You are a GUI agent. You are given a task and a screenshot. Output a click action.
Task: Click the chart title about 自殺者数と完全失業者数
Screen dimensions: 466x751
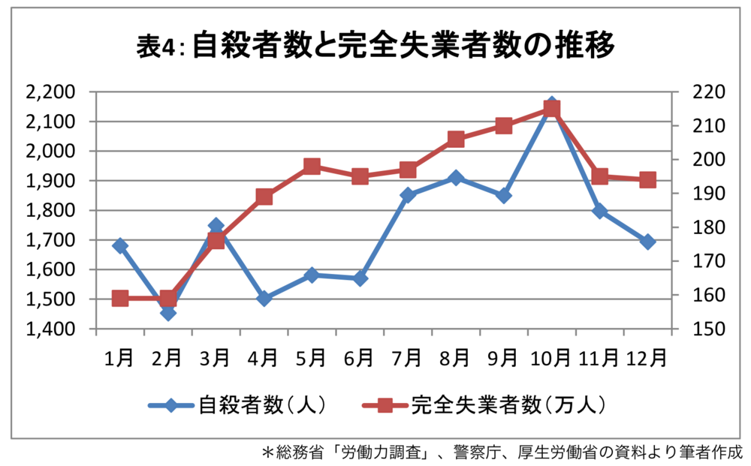point(375,47)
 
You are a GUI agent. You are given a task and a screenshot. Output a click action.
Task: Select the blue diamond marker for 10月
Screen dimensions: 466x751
point(551,104)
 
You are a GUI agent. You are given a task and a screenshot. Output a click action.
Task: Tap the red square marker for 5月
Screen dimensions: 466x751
point(312,167)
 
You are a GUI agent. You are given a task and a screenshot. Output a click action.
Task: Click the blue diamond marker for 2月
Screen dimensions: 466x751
point(168,312)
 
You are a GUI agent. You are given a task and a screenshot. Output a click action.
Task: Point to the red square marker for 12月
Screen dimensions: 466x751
point(647,180)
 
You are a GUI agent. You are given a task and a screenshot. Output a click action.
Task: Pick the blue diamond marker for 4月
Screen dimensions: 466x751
point(264,298)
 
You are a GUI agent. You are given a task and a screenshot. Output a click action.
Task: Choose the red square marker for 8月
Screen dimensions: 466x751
point(456,139)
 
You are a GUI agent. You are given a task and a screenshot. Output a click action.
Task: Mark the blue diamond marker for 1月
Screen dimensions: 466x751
point(120,245)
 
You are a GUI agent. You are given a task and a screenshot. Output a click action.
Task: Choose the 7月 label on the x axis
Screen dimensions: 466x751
point(408,358)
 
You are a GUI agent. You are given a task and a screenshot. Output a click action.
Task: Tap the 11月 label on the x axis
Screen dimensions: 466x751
point(599,358)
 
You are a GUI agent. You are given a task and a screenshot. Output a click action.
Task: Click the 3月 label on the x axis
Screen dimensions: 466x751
point(216,358)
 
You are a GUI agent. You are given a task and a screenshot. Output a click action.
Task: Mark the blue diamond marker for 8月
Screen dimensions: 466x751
point(456,178)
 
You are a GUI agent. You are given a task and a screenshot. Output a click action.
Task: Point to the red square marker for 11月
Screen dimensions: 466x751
point(599,177)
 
